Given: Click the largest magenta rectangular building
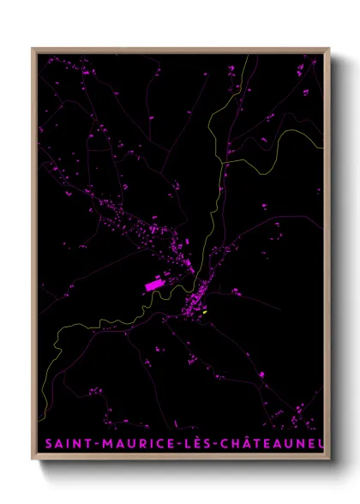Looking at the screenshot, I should pos(155,284).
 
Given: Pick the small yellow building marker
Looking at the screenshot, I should pos(205,312).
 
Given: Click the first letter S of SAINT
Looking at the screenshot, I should pos(48,443).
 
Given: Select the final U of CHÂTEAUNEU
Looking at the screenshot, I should pos(321,443).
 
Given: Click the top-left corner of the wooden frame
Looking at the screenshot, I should pos(33,49).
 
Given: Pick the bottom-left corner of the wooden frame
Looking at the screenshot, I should pos(33,459).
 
